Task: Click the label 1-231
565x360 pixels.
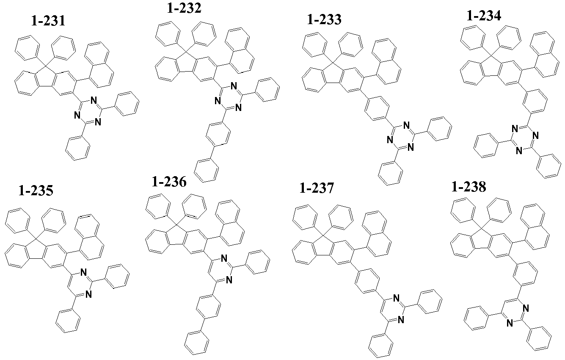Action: tap(48, 21)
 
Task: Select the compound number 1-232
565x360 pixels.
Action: tap(184, 8)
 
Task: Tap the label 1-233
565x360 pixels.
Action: tap(324, 19)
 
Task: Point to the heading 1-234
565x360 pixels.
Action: tap(484, 16)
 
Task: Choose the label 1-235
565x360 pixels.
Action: tap(36, 191)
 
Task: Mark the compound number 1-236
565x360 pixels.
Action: tap(169, 182)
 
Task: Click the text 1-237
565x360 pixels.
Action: tap(317, 188)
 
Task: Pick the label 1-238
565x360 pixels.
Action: tap(469, 187)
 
